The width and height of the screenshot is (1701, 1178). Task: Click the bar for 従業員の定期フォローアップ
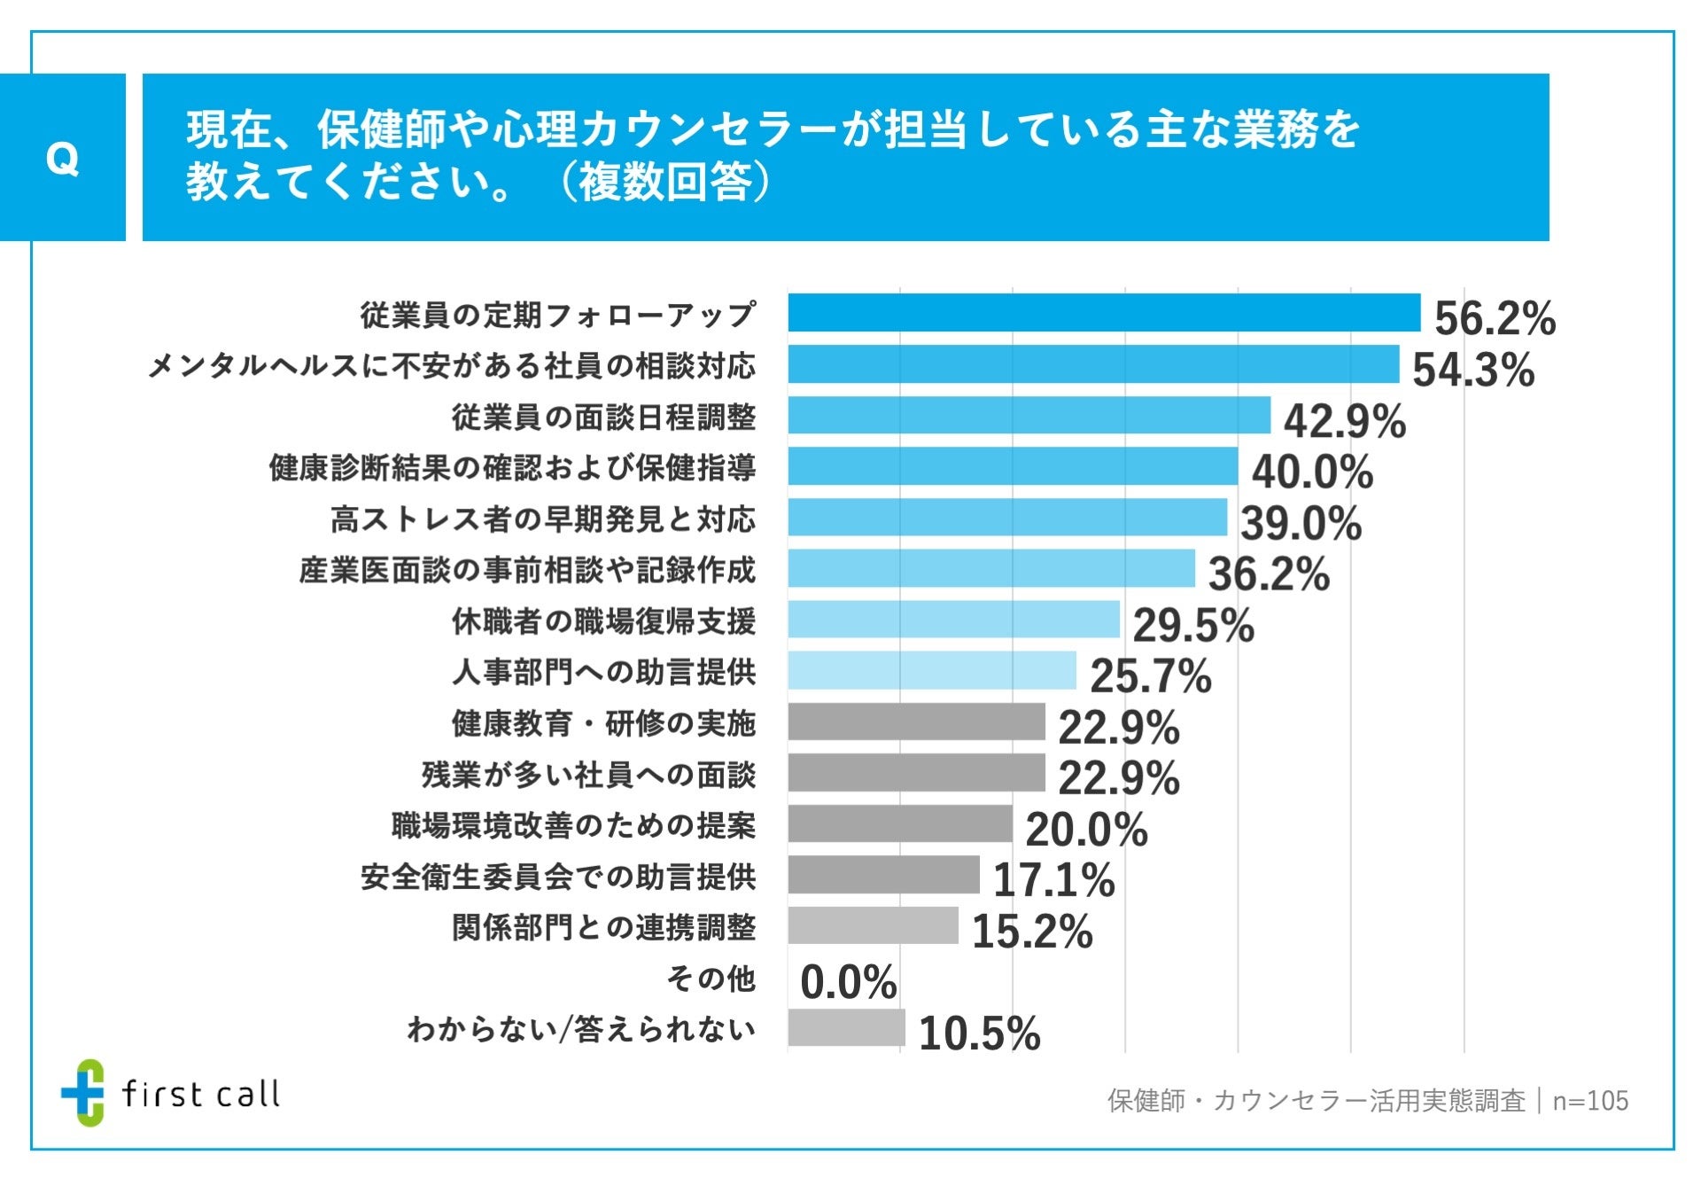pyautogui.click(x=1103, y=313)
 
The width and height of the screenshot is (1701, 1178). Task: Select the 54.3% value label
pyautogui.click(x=1472, y=370)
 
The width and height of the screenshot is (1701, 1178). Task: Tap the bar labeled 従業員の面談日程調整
pyautogui.click(x=1029, y=415)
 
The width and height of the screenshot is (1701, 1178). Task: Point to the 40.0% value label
pyautogui.click(x=1312, y=472)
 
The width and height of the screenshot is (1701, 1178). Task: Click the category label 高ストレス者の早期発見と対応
pyautogui.click(x=543, y=519)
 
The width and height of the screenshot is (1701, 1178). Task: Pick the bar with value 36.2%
pyautogui.click(x=990, y=568)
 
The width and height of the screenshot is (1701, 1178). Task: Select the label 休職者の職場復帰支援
pyautogui.click(x=603, y=621)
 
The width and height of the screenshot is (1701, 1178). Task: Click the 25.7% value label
pyautogui.click(x=1150, y=676)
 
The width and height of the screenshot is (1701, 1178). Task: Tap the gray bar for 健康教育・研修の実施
pyautogui.click(x=916, y=722)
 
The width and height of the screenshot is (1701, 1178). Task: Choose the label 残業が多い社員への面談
pyautogui.click(x=588, y=775)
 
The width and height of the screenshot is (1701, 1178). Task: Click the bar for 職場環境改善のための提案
pyautogui.click(x=899, y=823)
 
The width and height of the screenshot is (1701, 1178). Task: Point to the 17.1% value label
pyautogui.click(x=1053, y=880)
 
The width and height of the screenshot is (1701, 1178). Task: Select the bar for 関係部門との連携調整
pyautogui.click(x=873, y=925)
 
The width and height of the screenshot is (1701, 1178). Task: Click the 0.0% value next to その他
pyautogui.click(x=848, y=982)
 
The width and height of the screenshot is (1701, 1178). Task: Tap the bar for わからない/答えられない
pyautogui.click(x=846, y=1028)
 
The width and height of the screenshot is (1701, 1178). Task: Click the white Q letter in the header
pyautogui.click(x=62, y=159)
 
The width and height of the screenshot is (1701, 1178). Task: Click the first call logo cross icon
pyautogui.click(x=83, y=1092)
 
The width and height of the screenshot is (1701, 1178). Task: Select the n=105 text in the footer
pyautogui.click(x=1590, y=1101)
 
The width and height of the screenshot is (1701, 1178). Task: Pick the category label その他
pyautogui.click(x=711, y=979)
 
